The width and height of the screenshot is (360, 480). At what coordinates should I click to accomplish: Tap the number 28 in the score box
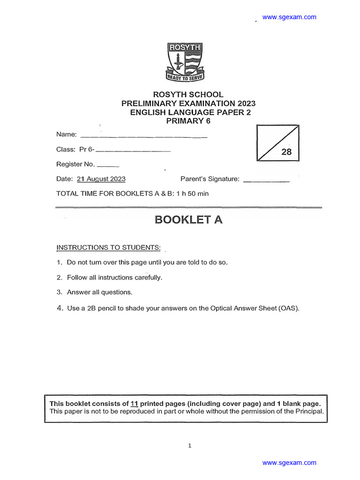(286, 152)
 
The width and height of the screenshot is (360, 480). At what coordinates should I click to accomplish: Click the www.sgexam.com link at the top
(289, 17)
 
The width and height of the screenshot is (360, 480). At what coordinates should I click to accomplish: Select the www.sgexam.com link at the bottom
(289, 463)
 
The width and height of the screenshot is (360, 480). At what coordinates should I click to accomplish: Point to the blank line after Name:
(144, 137)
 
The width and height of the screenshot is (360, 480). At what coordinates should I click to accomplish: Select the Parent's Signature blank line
(267, 181)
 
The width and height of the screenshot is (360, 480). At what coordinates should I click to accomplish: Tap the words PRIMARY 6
(189, 121)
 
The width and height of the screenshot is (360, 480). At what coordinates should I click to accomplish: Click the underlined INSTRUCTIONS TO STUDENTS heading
(108, 247)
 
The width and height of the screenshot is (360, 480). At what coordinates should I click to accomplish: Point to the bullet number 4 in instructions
(59, 308)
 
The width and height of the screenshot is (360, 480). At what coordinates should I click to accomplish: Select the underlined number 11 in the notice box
(134, 404)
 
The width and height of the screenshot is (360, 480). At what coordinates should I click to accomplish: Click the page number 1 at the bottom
(189, 446)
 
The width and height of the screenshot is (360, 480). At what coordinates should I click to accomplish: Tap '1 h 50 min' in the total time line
(192, 193)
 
